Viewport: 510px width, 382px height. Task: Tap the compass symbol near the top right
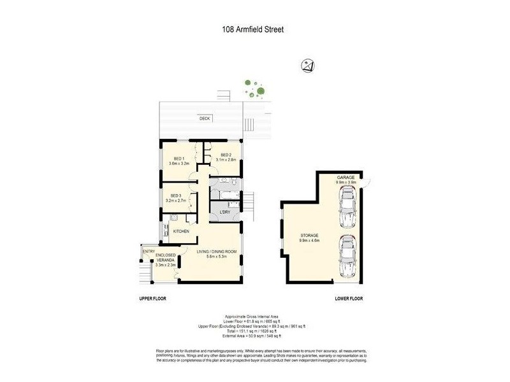308,65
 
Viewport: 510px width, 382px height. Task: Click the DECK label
204,118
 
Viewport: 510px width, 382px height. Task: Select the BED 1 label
178,159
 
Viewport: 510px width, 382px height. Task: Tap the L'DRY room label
224,212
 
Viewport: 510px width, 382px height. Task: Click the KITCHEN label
181,231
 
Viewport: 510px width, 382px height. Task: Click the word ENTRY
149,251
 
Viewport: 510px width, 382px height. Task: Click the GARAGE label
349,177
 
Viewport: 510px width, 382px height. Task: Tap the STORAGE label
309,236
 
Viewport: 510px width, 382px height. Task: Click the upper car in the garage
350,208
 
